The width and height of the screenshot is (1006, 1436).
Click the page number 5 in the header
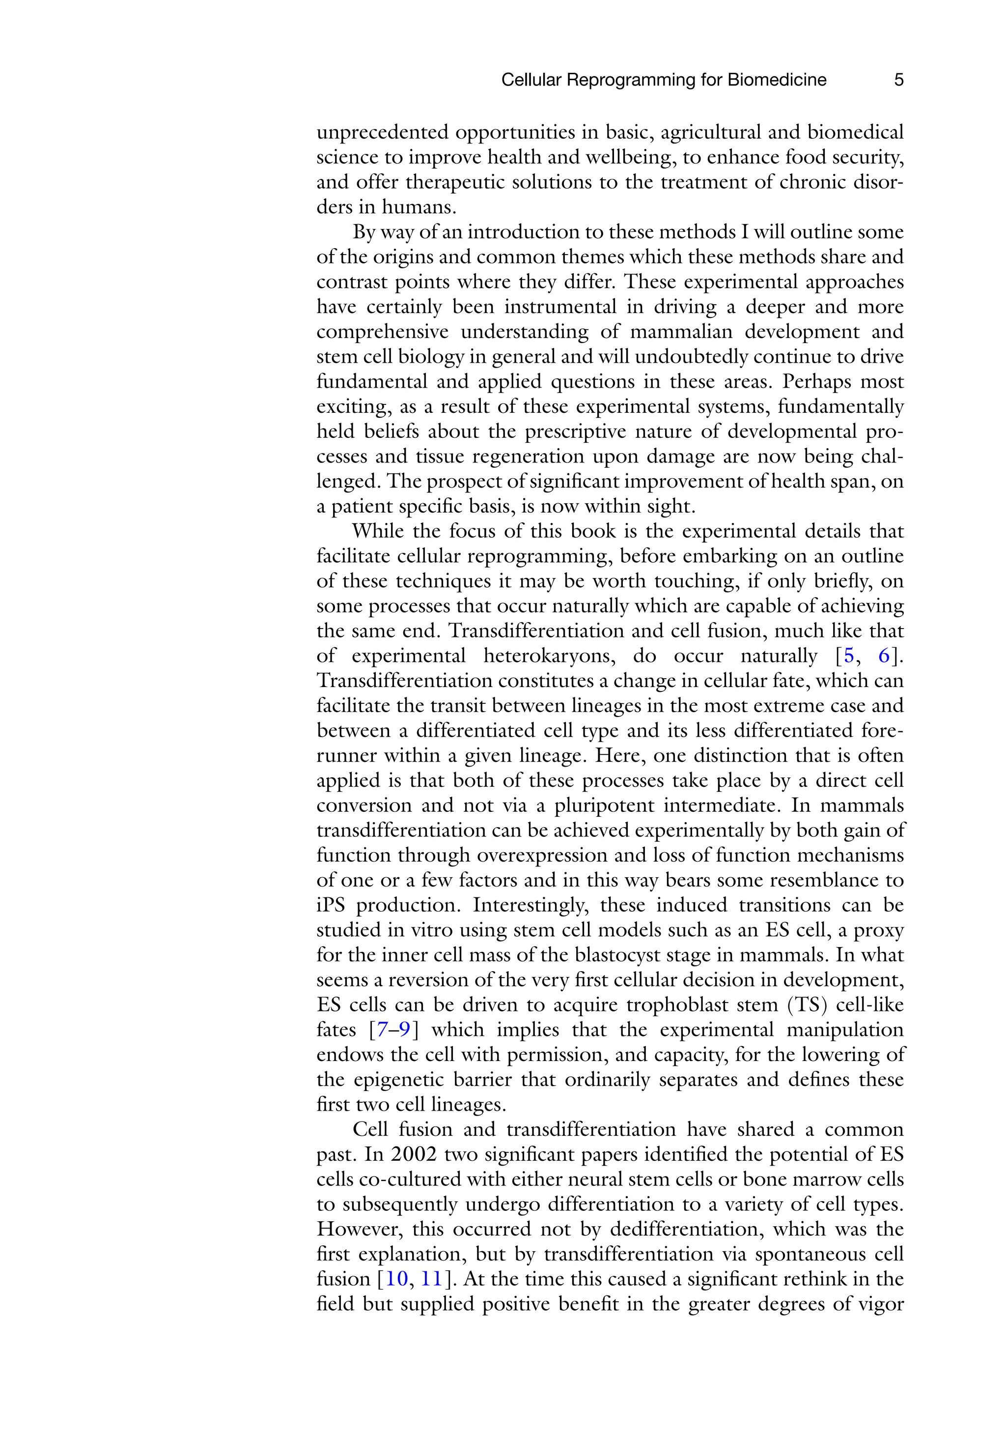tap(898, 80)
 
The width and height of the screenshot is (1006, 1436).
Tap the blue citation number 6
tap(884, 656)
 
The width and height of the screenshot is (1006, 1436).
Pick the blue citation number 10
tap(397, 1279)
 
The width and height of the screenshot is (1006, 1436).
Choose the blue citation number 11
tap(431, 1279)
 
